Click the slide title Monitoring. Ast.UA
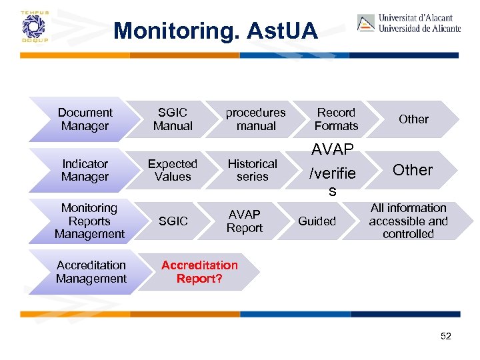[x=215, y=31]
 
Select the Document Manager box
[x=85, y=119]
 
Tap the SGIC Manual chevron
[x=173, y=119]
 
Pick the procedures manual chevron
[x=255, y=119]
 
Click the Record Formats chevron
[x=336, y=119]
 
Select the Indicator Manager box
[x=85, y=170]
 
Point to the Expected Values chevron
[x=173, y=170]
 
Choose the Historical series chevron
[x=253, y=170]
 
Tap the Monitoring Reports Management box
[x=89, y=221]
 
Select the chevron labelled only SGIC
[x=173, y=221]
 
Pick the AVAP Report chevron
[x=245, y=221]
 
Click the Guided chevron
[x=317, y=221]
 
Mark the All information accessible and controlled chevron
[x=408, y=221]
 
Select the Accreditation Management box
[x=91, y=272]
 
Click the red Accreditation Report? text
[x=199, y=272]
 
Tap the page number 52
[x=446, y=336]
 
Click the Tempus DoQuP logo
[x=31, y=27]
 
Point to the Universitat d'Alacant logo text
[x=419, y=23]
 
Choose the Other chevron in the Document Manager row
[x=413, y=119]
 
